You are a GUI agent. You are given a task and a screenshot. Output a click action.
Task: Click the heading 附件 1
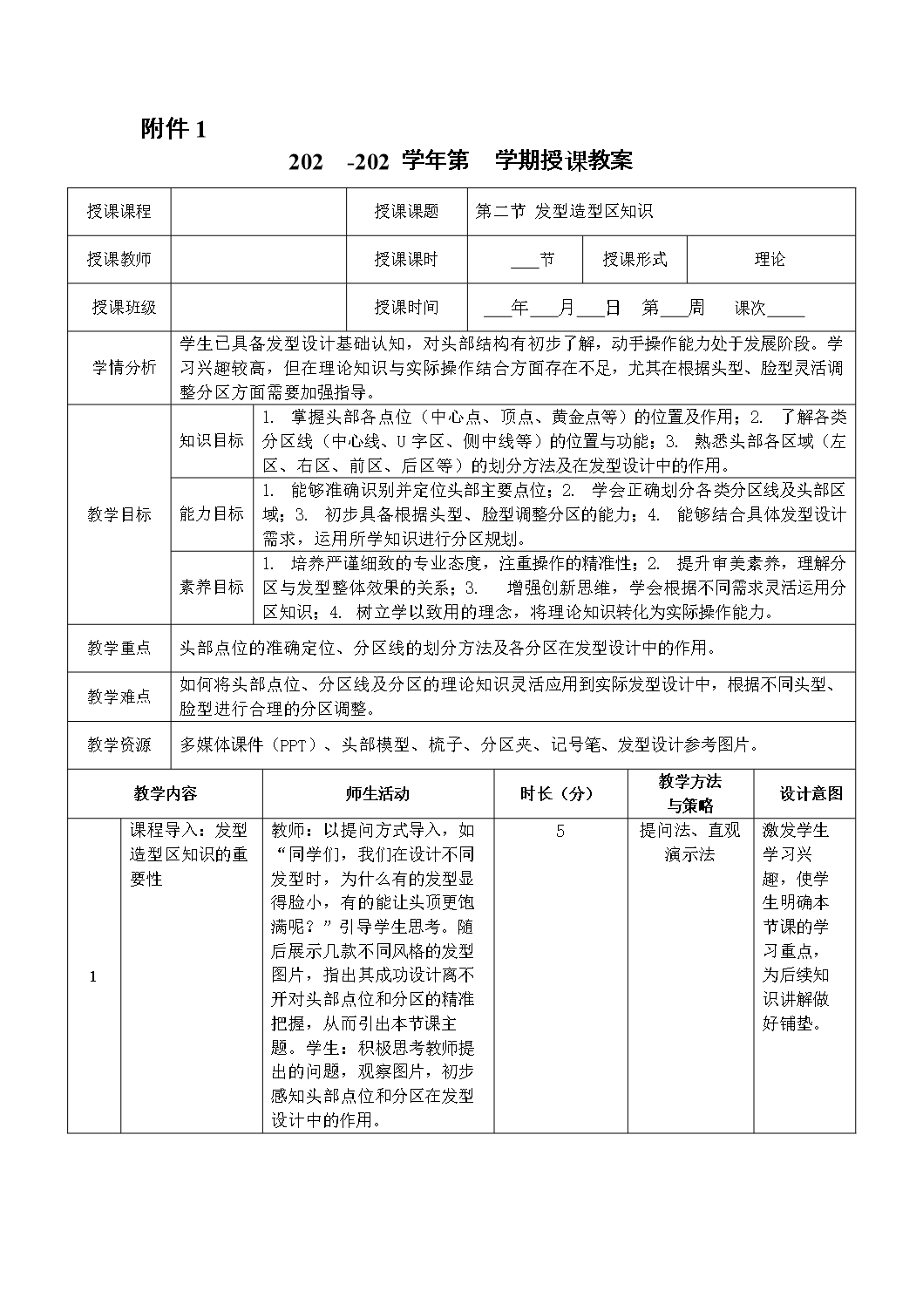(x=174, y=129)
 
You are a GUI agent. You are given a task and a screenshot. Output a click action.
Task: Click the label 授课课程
(x=119, y=212)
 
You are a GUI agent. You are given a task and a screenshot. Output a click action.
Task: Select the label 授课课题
(x=407, y=212)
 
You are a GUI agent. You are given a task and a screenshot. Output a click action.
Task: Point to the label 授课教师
(x=119, y=259)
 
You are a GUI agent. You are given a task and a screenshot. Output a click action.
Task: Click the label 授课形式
(x=635, y=259)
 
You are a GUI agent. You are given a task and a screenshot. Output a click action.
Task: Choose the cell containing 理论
(x=770, y=259)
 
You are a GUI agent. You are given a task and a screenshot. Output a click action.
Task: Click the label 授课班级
(x=124, y=307)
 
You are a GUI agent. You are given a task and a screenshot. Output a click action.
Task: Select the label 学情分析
(x=125, y=367)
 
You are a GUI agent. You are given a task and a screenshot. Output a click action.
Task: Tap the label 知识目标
(x=212, y=440)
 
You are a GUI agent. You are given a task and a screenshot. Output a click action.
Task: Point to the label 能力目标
(x=212, y=513)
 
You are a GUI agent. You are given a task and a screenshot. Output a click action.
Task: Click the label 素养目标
(x=212, y=587)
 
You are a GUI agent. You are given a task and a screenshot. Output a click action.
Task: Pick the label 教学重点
(x=119, y=648)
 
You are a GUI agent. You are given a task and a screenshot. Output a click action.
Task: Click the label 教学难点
(x=119, y=697)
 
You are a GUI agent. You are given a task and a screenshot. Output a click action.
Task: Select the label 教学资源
(x=119, y=744)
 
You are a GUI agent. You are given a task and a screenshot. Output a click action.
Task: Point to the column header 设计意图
(x=811, y=793)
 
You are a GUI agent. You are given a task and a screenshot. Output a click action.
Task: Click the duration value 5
(x=560, y=831)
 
